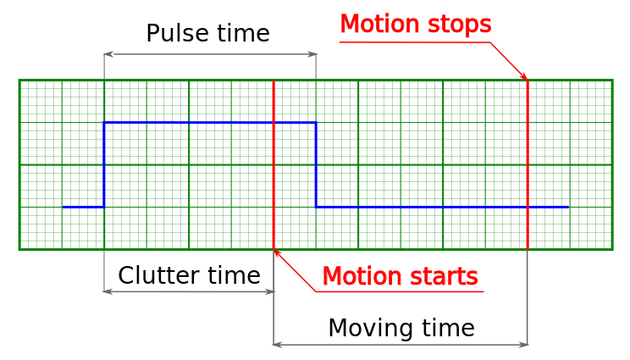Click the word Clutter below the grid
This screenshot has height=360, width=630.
158,274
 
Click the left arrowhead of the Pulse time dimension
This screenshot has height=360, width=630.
108,54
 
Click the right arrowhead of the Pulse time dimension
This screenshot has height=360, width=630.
312,54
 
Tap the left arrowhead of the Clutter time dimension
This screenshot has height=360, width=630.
108,291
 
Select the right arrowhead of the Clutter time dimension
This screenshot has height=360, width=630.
269,291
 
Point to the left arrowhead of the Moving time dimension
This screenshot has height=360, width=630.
278,345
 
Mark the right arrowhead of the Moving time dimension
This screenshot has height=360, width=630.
523,345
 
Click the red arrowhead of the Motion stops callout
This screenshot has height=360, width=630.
524,77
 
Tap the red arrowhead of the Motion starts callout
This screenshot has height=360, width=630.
276,252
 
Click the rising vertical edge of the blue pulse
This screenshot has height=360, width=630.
104,164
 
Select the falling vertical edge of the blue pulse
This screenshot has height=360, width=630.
316,164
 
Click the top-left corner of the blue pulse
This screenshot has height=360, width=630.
104,123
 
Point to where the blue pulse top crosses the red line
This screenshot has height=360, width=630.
274,123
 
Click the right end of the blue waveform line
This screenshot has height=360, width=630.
568,208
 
